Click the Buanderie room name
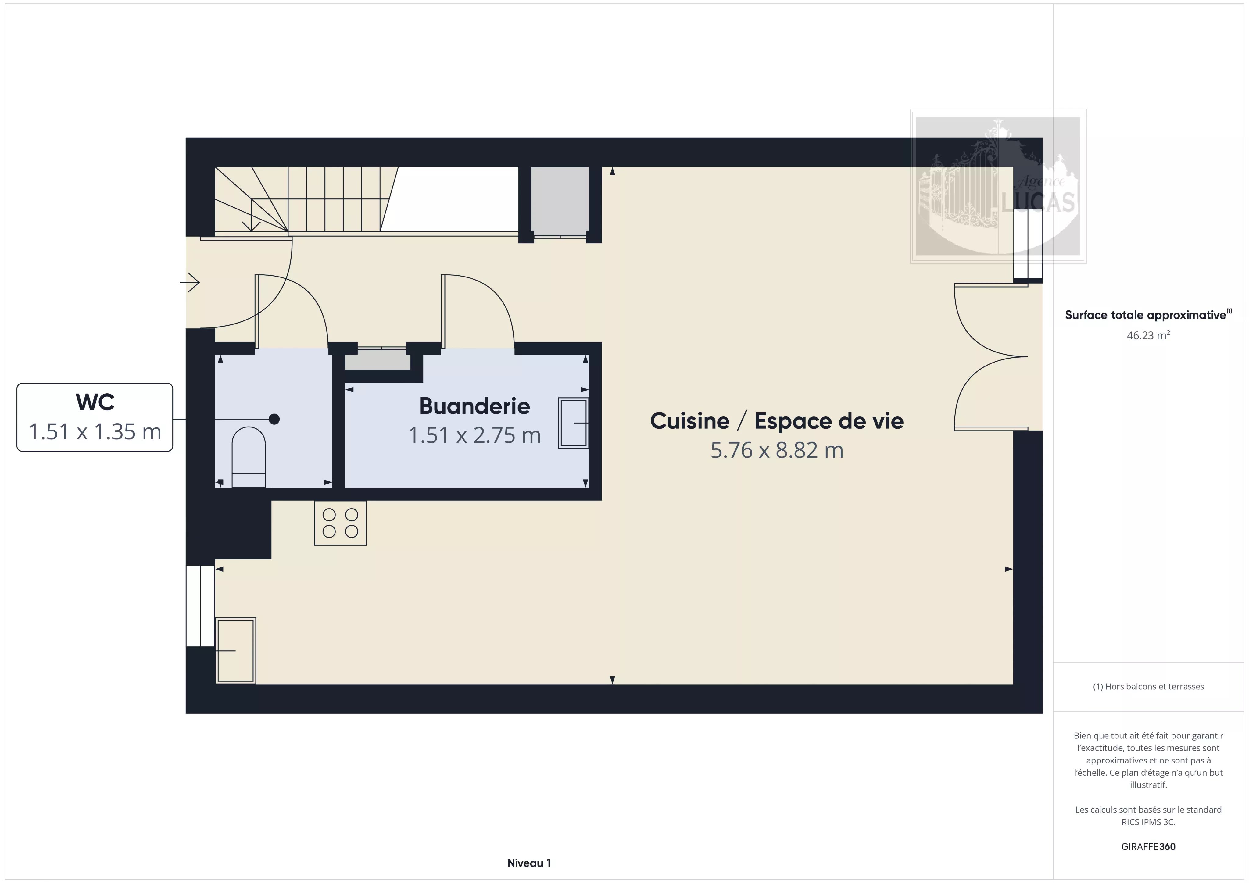pos(474,406)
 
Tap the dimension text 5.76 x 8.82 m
pos(777,450)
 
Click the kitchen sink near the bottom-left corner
pos(236,650)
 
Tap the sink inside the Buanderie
pos(573,423)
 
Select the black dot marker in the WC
pos(274,419)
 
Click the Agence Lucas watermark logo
pos(998,186)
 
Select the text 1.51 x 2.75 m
pos(474,435)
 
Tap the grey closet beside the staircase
pos(560,201)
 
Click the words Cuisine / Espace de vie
pos(777,420)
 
